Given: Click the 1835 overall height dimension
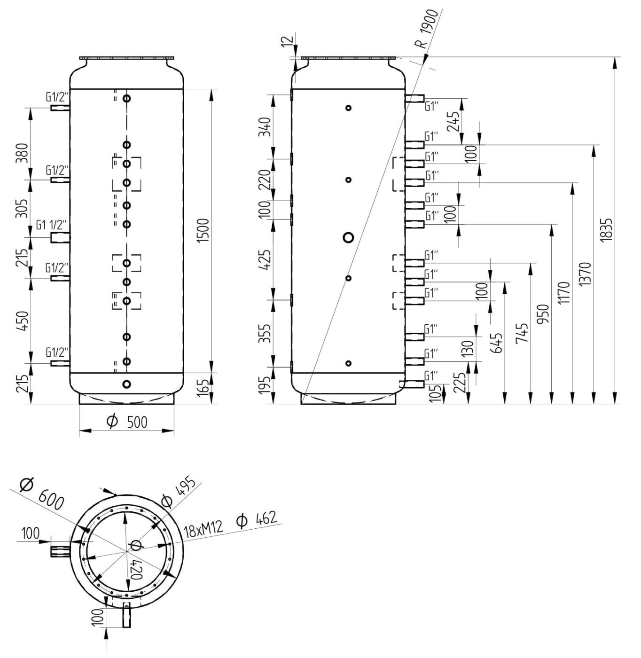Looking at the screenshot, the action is click(607, 229).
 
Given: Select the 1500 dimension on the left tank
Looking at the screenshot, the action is click(204, 231).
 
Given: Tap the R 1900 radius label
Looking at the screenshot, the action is click(426, 30).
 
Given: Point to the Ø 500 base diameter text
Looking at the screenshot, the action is click(127, 422).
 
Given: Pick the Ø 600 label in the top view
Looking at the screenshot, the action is click(41, 493).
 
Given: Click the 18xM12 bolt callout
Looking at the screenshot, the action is click(203, 530).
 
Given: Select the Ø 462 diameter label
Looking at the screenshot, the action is click(257, 518).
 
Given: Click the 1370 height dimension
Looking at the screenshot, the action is click(586, 274).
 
